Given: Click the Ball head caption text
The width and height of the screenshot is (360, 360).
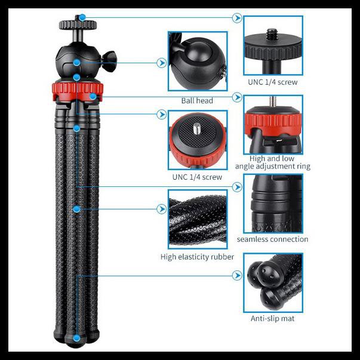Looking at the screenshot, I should point(196,101).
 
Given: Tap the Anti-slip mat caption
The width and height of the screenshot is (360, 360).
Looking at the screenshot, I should point(272,319).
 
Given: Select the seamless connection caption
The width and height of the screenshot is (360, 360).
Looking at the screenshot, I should point(272,239).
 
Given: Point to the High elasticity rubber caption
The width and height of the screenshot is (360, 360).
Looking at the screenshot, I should point(197,257).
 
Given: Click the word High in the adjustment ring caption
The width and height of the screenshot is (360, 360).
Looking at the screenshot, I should point(257,159).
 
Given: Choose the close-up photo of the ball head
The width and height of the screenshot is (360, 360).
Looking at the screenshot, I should point(197,61).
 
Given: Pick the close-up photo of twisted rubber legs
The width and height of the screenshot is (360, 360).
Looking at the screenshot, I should point(197,219).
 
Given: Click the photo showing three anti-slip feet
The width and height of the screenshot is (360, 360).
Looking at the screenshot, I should point(272,283).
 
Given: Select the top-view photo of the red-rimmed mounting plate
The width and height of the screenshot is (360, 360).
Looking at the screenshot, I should point(197,140).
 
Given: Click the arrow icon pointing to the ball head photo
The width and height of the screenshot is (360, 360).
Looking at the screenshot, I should point(161,62).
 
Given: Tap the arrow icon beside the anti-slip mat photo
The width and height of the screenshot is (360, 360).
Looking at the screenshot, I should point(237,276).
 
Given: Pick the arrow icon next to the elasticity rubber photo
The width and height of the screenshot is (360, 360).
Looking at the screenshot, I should point(161,210).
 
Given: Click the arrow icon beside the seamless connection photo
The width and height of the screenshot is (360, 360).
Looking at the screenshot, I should point(237,187).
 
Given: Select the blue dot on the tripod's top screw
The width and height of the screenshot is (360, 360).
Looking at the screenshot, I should point(81,18).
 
